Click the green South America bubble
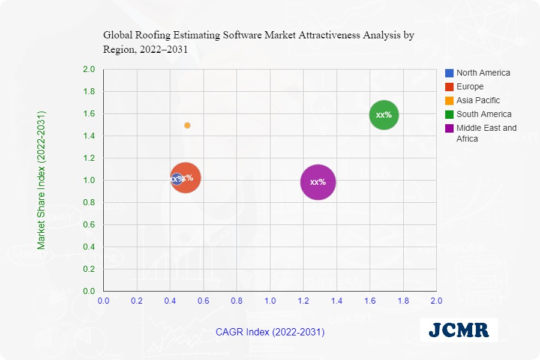384,115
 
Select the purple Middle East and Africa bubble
318,182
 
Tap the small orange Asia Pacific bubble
187,125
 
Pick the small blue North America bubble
176,179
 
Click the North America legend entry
483,73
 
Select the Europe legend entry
469,86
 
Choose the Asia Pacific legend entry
478,100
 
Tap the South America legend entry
484,114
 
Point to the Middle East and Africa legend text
486,133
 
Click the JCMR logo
458,329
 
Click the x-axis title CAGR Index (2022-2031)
270,332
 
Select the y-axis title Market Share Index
41,179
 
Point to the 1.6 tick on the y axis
89,113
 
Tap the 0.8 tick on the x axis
237,300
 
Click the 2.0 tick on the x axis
436,300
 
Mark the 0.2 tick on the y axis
89,269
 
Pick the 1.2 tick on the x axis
303,300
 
